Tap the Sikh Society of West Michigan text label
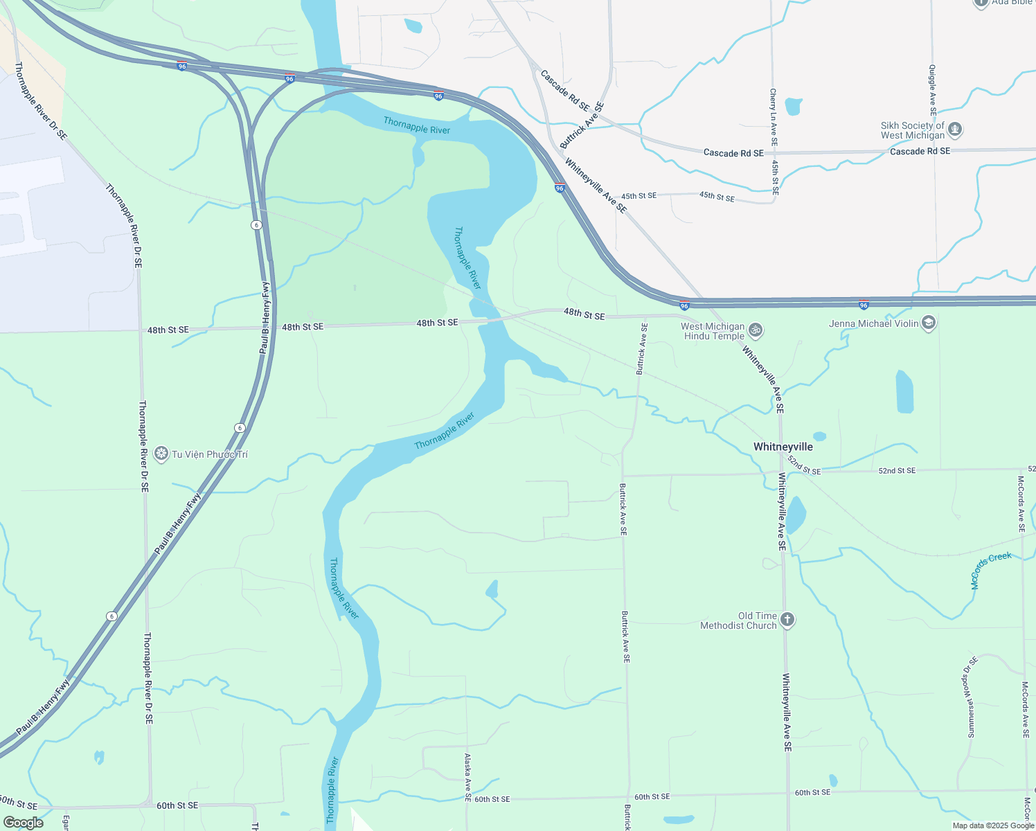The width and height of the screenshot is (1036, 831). tap(912, 130)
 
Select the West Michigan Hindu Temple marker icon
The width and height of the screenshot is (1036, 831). tap(756, 330)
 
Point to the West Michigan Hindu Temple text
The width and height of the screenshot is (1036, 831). tap(713, 331)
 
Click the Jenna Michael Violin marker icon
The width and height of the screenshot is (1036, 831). tap(929, 323)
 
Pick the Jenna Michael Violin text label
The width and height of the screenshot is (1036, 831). tap(873, 323)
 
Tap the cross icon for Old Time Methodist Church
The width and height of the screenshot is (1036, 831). tap(787, 620)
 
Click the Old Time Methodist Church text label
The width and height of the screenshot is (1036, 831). tap(738, 620)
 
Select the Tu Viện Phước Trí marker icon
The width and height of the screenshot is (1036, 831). tap(161, 454)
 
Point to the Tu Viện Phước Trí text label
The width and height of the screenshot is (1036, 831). tap(210, 454)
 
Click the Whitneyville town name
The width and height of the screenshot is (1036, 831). tap(783, 447)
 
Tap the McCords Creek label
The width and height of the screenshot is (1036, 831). tap(991, 570)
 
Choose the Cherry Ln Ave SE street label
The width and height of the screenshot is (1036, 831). tap(774, 116)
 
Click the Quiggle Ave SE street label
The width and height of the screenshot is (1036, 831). tap(933, 90)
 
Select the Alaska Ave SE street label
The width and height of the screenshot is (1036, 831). tap(468, 778)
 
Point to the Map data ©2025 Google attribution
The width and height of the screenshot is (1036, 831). tap(993, 825)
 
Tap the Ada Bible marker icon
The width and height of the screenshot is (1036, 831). tap(981, 3)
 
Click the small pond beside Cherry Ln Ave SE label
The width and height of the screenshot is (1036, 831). tap(794, 107)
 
